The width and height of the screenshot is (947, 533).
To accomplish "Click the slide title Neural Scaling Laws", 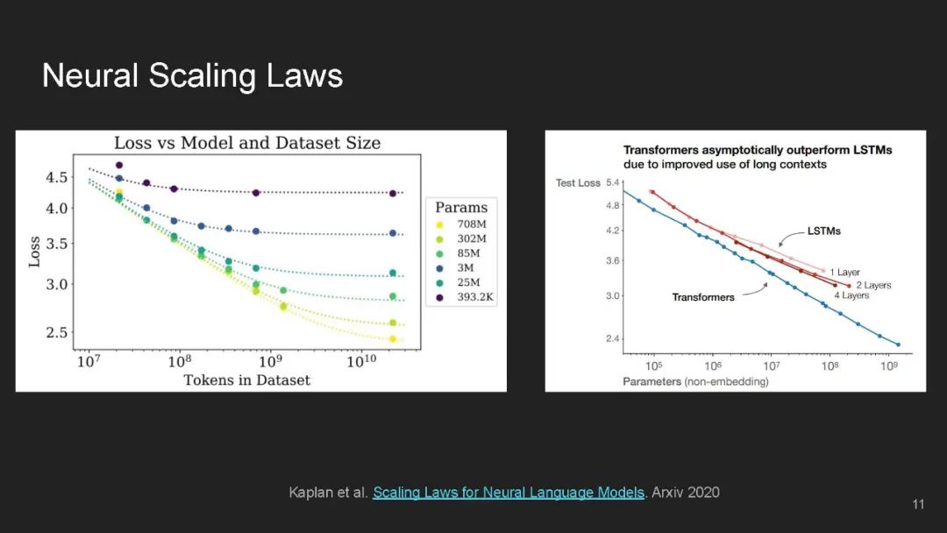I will [192, 76].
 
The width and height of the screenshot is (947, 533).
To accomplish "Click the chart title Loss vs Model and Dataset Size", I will [247, 143].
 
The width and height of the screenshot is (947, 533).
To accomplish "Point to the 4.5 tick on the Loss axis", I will [58, 177].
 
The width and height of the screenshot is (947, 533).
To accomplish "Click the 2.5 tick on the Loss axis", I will [58, 332].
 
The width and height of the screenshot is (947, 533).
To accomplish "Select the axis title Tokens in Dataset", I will [247, 380].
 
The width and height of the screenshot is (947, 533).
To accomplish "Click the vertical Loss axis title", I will [34, 251].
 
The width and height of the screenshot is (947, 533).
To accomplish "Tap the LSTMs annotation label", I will [823, 231].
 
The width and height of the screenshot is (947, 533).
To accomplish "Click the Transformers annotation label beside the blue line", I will [703, 297].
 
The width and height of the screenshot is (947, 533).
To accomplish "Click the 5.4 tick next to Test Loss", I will [613, 181].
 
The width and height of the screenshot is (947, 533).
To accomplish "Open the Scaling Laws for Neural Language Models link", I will [509, 493].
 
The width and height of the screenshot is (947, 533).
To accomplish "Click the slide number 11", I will [918, 504].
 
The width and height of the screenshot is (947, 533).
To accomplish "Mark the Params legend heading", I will [462, 208].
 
